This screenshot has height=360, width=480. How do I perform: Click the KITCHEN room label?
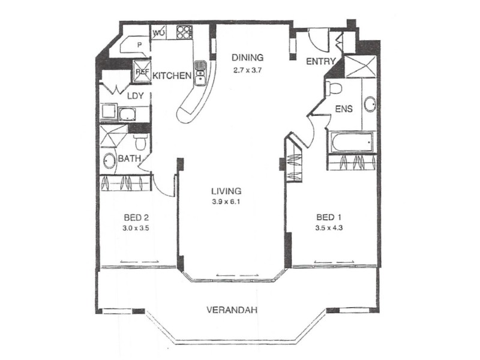(x=172, y=76)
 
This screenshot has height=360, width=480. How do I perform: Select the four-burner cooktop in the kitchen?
(x=184, y=32)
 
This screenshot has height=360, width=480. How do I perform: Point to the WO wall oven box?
(x=159, y=32)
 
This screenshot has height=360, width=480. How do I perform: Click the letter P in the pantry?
(x=139, y=45)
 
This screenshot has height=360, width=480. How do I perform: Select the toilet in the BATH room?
(x=140, y=142)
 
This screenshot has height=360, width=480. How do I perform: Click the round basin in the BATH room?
(x=110, y=161)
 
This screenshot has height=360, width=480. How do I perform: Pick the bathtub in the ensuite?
(x=350, y=143)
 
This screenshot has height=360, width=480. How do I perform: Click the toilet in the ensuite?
(x=334, y=89)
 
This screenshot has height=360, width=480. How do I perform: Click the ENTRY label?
(x=320, y=62)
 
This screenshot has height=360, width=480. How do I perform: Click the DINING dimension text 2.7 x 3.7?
(x=248, y=70)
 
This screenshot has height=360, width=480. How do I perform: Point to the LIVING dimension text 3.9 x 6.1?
(x=226, y=203)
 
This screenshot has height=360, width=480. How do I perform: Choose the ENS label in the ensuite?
(x=344, y=110)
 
